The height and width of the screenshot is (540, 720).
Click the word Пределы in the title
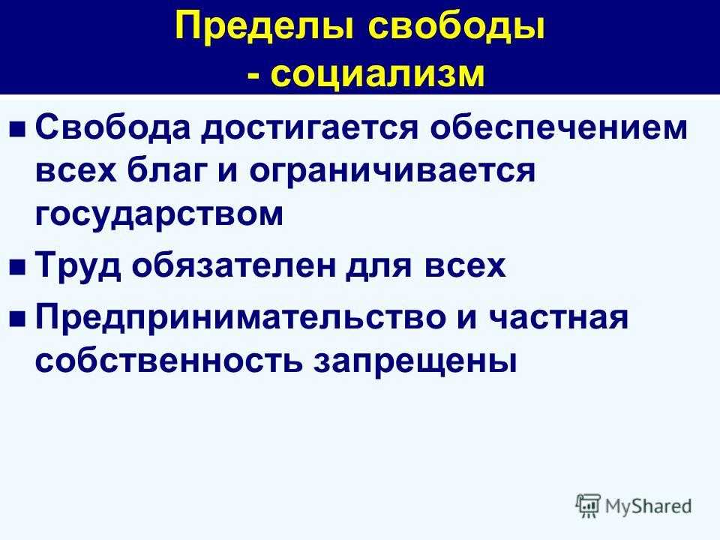[x=265, y=28]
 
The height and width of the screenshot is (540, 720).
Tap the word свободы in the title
[x=457, y=28]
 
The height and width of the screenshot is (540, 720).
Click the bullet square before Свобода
[x=17, y=130]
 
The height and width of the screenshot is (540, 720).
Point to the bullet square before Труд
[x=17, y=267]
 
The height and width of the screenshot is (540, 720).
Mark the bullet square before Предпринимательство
[x=17, y=319]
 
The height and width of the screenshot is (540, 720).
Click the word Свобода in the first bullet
[x=112, y=127]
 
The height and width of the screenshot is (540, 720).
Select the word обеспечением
[x=558, y=127]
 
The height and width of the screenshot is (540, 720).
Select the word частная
[x=557, y=318]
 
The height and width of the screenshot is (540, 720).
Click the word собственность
[x=169, y=360]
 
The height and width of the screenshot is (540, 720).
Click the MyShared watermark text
[x=648, y=506]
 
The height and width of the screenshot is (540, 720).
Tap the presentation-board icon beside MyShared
[x=588, y=506]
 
